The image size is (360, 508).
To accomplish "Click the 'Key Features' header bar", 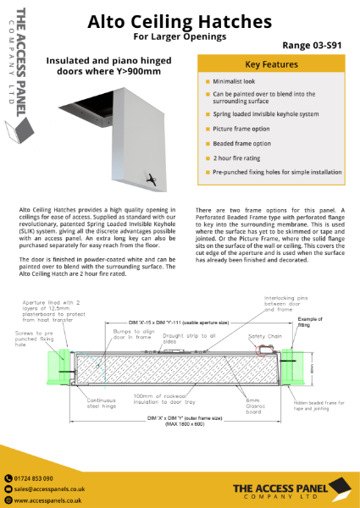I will pos(271,64).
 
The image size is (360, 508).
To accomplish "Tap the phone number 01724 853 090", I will pos(39,478).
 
